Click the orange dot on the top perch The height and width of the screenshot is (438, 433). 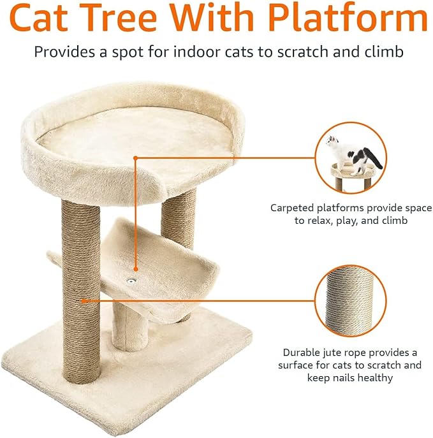click(x=135, y=157)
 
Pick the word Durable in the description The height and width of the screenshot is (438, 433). click(x=302, y=353)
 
